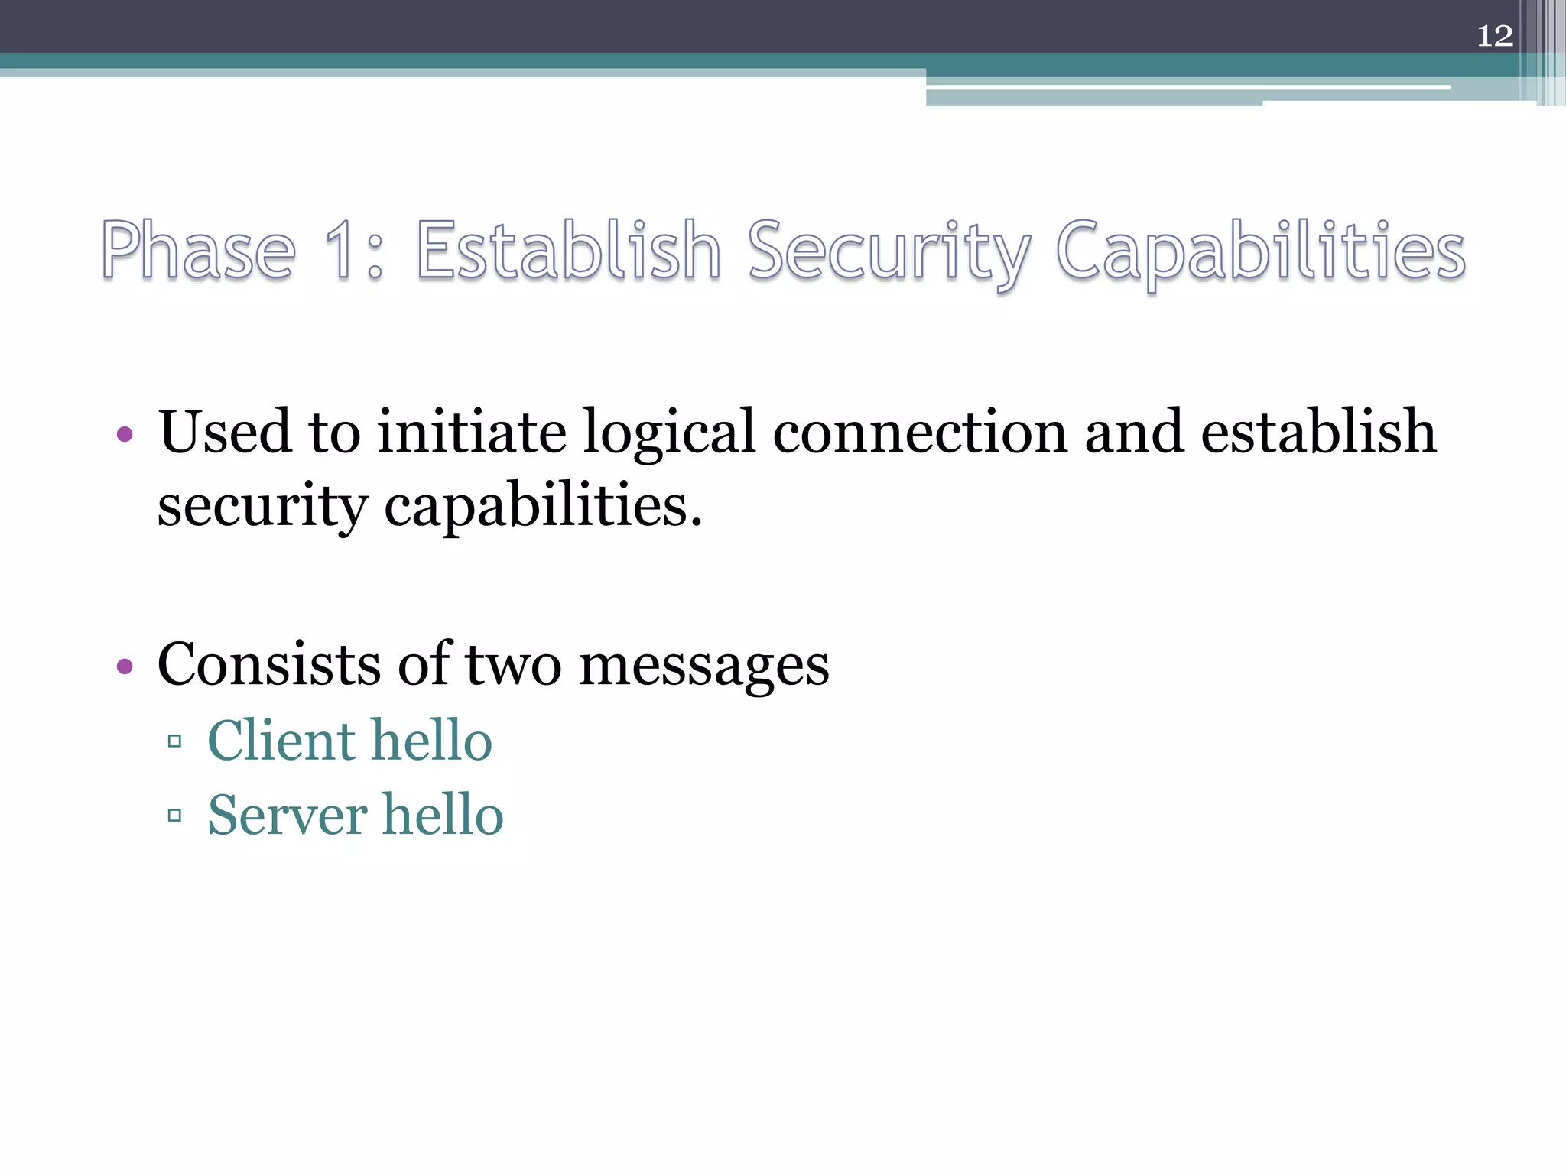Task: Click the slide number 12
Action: pyautogui.click(x=1495, y=36)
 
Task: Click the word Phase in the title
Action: pyautogui.click(x=198, y=250)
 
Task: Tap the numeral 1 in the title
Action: pyautogui.click(x=340, y=250)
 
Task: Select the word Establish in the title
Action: pyautogui.click(x=568, y=250)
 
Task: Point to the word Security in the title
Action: pyautogui.click(x=889, y=252)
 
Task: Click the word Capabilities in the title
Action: pyautogui.click(x=1260, y=252)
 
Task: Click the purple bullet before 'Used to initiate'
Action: pyautogui.click(x=125, y=435)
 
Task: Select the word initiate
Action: pyautogui.click(x=472, y=432)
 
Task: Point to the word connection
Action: pyautogui.click(x=919, y=433)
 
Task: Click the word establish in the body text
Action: pyautogui.click(x=1318, y=432)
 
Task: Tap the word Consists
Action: pyautogui.click(x=268, y=663)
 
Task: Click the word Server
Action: pyautogui.click(x=287, y=815)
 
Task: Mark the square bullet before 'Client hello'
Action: pyautogui.click(x=174, y=741)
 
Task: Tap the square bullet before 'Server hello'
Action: pyautogui.click(x=174, y=816)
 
